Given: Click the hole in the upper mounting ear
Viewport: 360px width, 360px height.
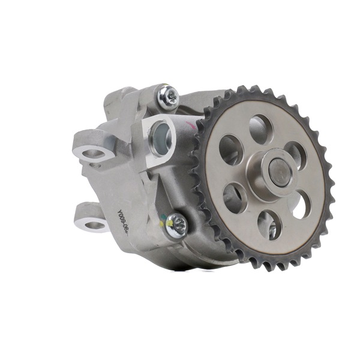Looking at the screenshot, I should click(x=93, y=154).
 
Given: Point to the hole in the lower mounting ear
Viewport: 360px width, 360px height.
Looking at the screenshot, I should click(x=94, y=226).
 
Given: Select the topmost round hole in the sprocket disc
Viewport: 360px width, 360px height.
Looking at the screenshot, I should click(x=260, y=128).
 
